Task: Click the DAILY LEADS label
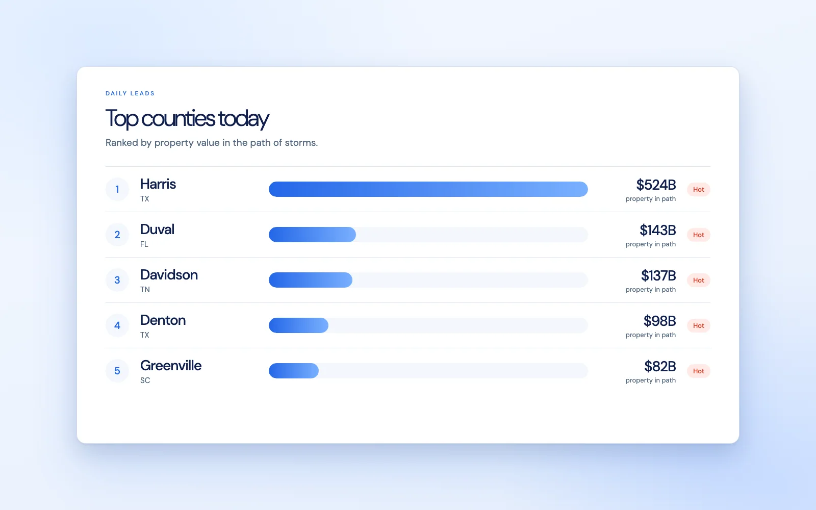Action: [x=130, y=93]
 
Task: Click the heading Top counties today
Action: [x=187, y=119]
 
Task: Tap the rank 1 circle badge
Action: [x=117, y=189]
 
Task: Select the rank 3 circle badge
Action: [x=117, y=280]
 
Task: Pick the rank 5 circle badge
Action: [x=117, y=371]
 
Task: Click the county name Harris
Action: [x=158, y=184]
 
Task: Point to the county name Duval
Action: [x=158, y=229]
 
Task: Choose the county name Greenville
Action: [x=171, y=366]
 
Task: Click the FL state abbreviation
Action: [x=144, y=244]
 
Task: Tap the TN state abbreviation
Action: [x=145, y=290]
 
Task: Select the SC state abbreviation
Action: [x=145, y=380]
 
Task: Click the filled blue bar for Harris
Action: [x=428, y=189]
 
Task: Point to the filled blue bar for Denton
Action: [x=299, y=325]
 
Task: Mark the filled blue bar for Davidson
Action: [x=311, y=280]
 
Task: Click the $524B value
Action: [x=656, y=185]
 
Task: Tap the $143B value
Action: [x=658, y=230]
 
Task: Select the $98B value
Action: [x=660, y=321]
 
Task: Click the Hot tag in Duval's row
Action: [x=699, y=235]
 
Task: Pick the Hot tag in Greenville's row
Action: [x=699, y=371]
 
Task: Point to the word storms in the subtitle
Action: [x=301, y=142]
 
